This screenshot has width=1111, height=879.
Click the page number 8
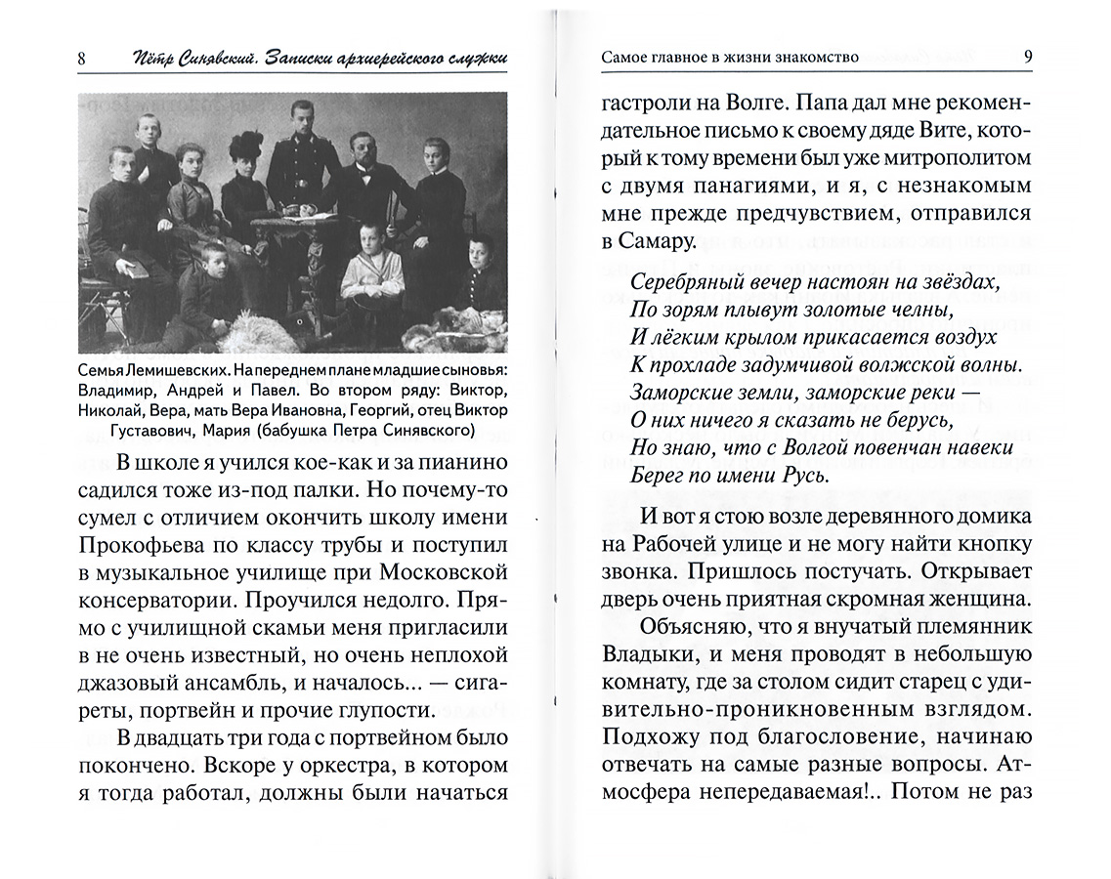(81, 59)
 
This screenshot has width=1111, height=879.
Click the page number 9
(1028, 56)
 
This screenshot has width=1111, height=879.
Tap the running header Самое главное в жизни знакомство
(730, 57)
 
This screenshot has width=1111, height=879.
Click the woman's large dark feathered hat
(242, 149)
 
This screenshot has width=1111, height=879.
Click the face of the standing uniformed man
(300, 121)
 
